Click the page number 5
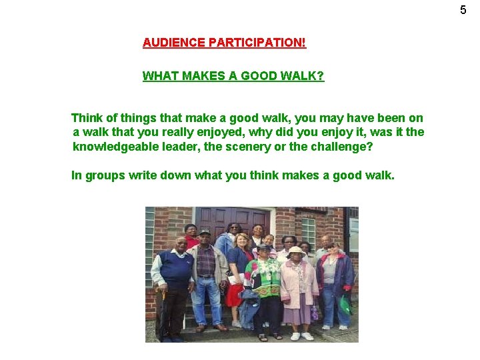463,10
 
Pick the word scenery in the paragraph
251,147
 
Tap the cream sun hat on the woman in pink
296,251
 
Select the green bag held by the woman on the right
345,305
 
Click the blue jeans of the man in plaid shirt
208,300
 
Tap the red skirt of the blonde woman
233,294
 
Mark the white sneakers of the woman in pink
301,336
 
